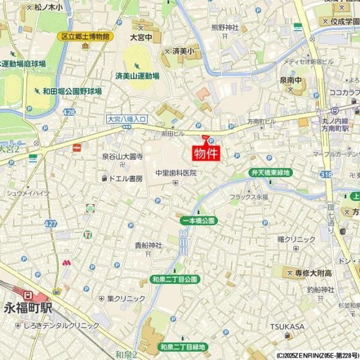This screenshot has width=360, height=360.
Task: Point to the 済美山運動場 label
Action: point(137,76)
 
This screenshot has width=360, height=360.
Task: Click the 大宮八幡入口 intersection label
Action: point(127,119)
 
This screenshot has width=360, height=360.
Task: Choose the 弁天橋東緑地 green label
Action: point(270,173)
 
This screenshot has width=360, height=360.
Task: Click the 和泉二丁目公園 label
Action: point(175,280)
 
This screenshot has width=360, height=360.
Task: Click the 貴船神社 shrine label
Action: point(148,245)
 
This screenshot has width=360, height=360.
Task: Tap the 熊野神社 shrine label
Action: point(225,28)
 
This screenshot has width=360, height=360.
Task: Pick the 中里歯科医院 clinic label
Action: point(176,173)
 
